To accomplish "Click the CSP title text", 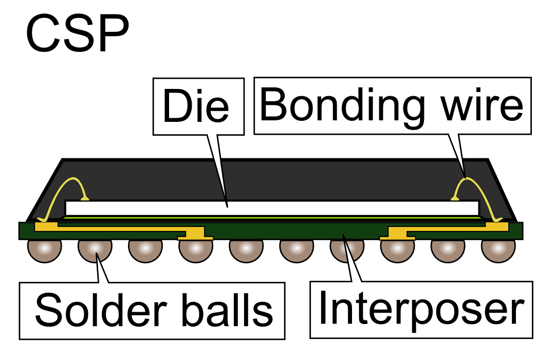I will tap(77, 34).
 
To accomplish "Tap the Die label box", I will tap(197, 106).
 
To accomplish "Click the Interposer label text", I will tap(421, 309).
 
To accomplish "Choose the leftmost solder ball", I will tap(45, 249).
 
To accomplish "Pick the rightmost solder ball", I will tap(498, 249).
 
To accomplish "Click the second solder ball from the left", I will tap(95, 248).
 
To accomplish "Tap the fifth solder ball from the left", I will tap(246, 249).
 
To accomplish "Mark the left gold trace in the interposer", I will tap(118, 228).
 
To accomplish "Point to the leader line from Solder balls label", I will tap(103, 270).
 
